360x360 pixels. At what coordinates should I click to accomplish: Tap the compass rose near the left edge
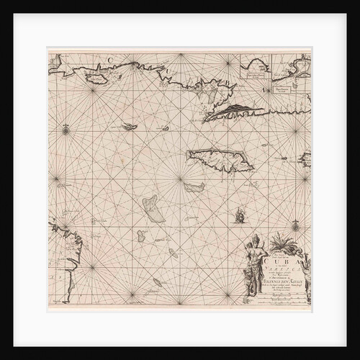66,130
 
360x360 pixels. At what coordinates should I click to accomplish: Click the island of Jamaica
220,159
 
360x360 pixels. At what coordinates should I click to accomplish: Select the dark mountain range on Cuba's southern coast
235,109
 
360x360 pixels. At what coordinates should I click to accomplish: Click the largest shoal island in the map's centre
152,209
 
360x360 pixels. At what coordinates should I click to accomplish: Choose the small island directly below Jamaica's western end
193,187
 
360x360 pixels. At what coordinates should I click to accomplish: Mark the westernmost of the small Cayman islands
130,127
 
